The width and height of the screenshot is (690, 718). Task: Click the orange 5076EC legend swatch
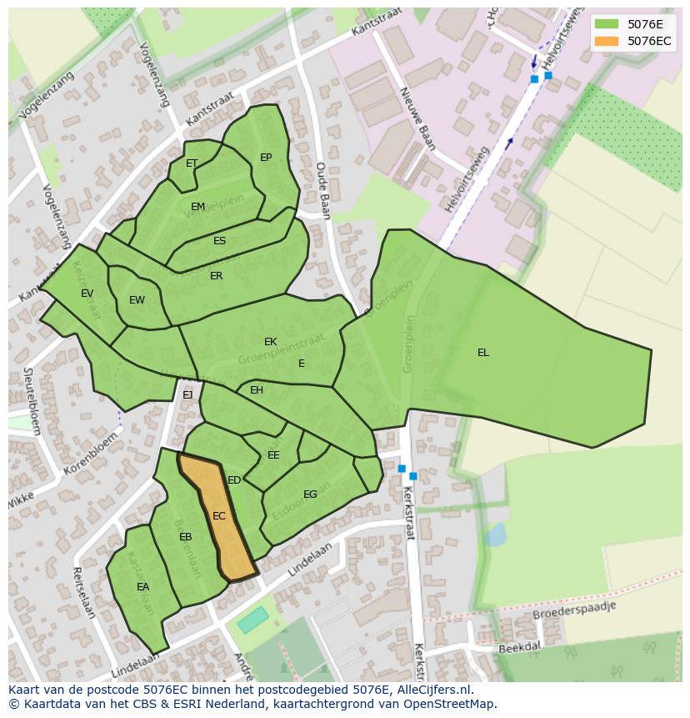coord(607,41)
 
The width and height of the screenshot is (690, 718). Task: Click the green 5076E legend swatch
coord(607,24)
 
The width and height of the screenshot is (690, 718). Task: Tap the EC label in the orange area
coord(218,516)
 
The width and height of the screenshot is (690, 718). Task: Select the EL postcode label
coord(483,353)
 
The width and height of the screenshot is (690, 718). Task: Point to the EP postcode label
coord(266,158)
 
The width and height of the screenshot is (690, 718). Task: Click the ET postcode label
coord(192,163)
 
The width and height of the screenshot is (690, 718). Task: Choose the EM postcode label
coord(197,207)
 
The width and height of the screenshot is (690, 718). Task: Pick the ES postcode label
coord(219,241)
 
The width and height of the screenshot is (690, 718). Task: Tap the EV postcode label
coord(87,294)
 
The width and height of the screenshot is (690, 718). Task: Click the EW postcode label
coord(137,300)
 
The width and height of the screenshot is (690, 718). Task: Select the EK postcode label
coord(270,342)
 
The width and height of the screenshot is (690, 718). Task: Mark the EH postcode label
coord(257,390)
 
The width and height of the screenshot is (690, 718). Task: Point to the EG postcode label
coord(310,495)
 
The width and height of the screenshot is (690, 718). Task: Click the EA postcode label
coord(143,587)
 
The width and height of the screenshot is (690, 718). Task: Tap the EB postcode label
coord(185,537)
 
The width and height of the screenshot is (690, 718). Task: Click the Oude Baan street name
coord(323,191)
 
